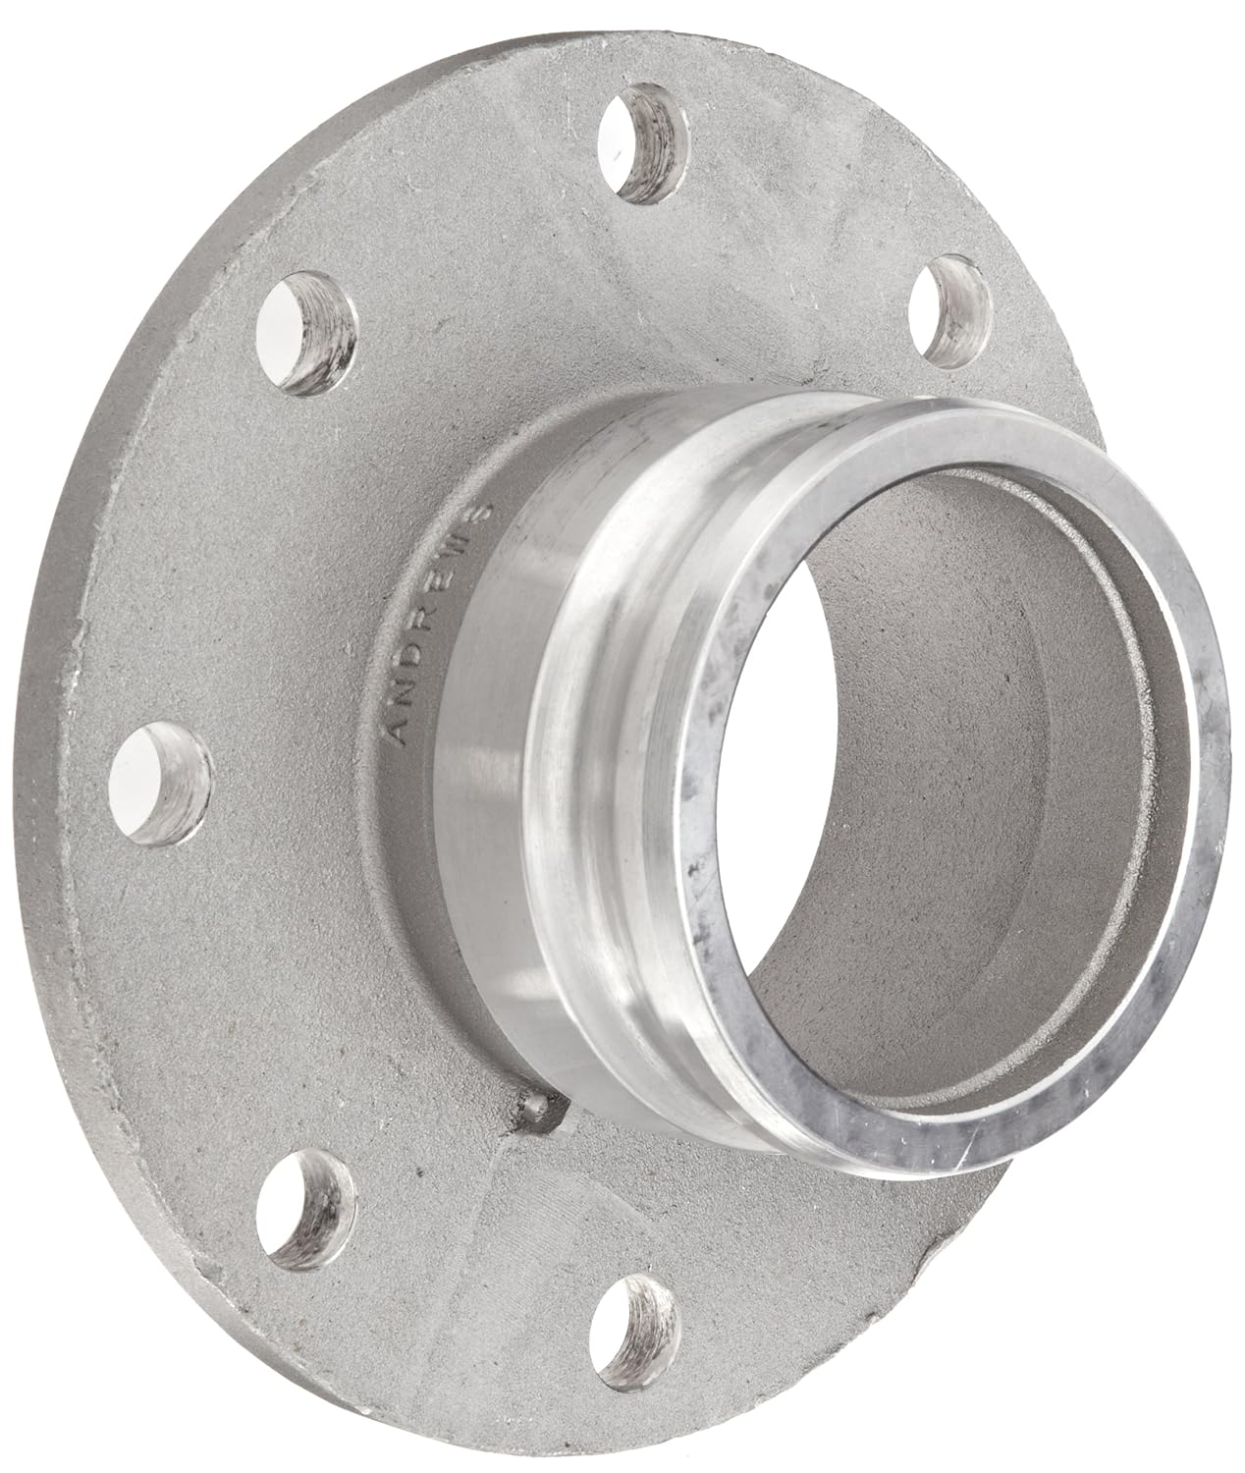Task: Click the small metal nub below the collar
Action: [527, 1107]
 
